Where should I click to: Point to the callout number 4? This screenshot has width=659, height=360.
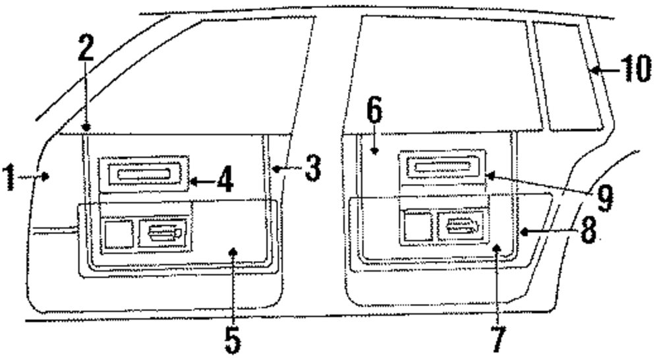[225, 179]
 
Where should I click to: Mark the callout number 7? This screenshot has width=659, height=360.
[498, 338]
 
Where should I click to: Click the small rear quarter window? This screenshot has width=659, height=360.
[569, 73]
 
